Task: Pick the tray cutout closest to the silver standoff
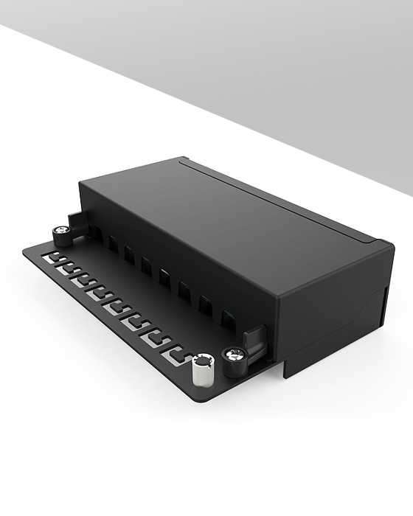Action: tap(176, 355)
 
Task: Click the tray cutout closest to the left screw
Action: tap(52, 259)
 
